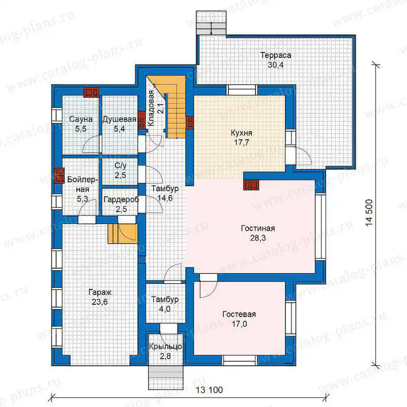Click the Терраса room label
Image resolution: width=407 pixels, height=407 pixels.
pos(276,55)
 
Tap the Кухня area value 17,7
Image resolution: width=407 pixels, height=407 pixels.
pos(241,142)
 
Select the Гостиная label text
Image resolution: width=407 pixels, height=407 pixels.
pos(258,228)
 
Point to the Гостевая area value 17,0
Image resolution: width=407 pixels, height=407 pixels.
pos(239,324)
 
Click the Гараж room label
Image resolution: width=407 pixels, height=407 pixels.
pos(100,293)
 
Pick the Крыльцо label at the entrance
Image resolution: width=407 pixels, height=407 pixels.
pos(165,347)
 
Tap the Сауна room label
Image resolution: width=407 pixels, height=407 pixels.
pos(81,119)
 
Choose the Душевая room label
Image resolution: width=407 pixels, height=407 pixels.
pos(120,119)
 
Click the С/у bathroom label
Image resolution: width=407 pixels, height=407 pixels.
pos(121,166)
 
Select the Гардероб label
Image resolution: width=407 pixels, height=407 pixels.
pos(121,199)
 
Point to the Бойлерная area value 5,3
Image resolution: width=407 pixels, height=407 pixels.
pos(82,199)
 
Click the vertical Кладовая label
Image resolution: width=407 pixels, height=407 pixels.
pos(151,108)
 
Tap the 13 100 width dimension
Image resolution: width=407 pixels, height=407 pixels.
pos(209,390)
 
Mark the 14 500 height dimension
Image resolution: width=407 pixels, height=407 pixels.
pos(369,213)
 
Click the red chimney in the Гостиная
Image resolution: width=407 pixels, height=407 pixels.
pos(251,185)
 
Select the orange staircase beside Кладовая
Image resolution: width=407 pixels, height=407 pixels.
pos(171,107)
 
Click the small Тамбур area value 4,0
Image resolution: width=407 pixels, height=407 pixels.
pos(165,309)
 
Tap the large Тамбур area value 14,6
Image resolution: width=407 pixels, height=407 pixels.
pos(165,198)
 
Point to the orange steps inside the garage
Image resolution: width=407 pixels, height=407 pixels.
pos(123,234)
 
